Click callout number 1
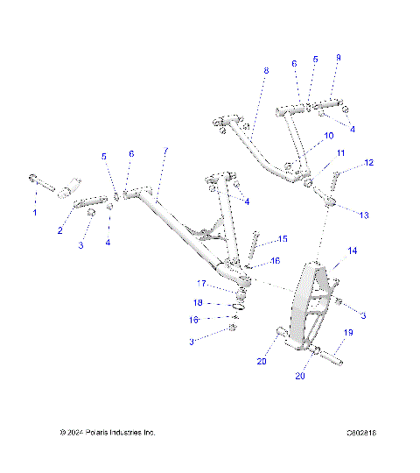(36, 213)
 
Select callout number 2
(60, 230)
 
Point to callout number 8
(266, 69)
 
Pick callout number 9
(339, 58)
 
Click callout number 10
(329, 137)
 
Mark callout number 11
(341, 153)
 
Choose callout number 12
(368, 162)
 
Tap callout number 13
(364, 215)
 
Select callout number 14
(353, 251)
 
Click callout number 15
(282, 238)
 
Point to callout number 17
(200, 283)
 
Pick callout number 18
(199, 302)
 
